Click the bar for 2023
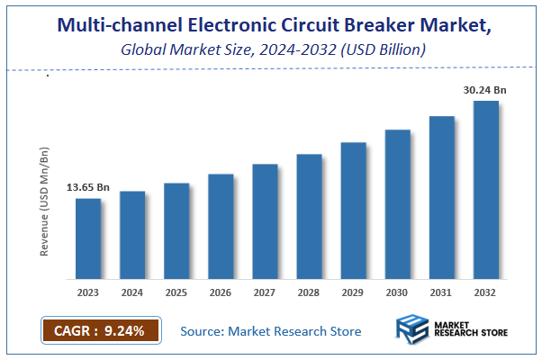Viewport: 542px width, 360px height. point(88,238)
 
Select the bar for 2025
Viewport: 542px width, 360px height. point(176,230)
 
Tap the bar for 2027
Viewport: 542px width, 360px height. point(265,221)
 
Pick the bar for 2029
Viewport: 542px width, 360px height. point(353,211)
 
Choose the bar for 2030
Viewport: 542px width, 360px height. point(398,204)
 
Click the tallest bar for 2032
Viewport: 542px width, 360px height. point(486,190)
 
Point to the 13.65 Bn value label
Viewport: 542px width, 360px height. point(88,187)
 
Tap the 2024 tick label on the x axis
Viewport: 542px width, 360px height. point(132,292)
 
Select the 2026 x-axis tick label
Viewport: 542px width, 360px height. point(221,292)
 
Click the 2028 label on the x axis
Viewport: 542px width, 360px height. point(309,292)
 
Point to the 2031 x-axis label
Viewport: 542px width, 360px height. point(441,292)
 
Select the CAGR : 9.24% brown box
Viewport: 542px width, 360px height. point(100,330)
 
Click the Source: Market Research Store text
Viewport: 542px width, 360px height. point(271,331)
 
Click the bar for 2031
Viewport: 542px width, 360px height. point(441,197)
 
